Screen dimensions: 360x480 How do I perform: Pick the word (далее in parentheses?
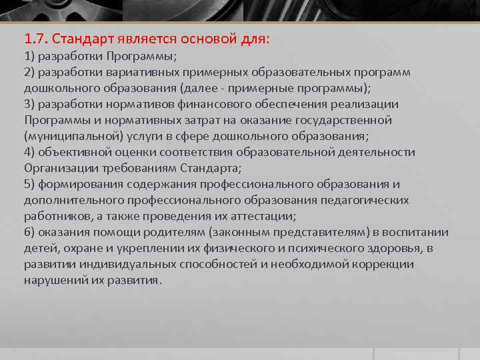[x=197, y=88]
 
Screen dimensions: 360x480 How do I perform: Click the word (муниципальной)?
[x=64, y=136]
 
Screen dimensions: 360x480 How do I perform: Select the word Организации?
[x=57, y=168]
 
